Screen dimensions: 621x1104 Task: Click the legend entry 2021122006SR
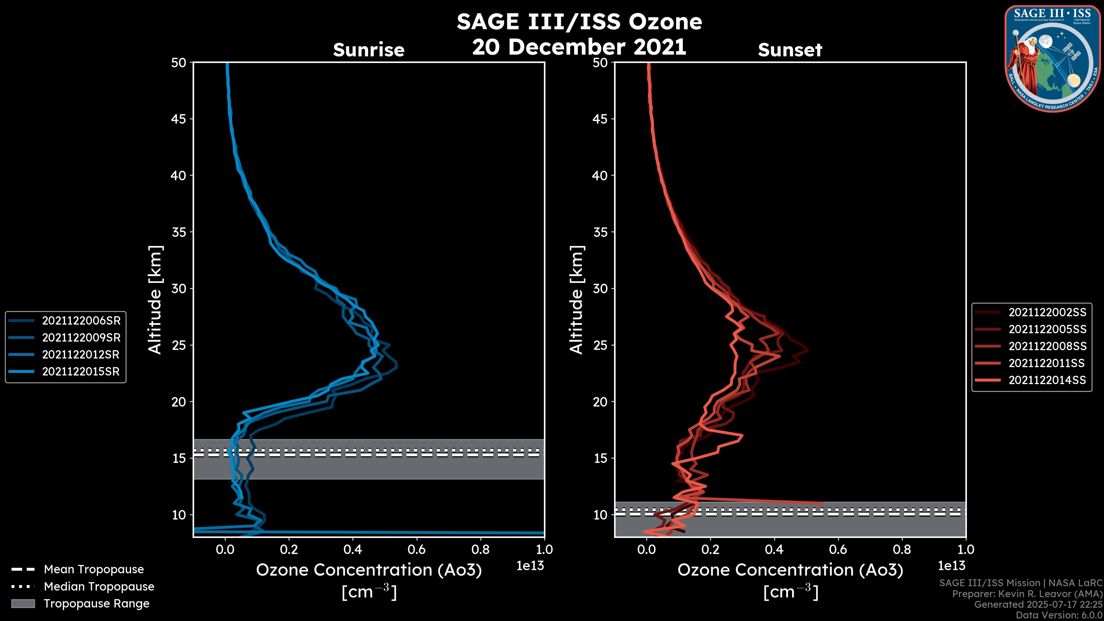pyautogui.click(x=81, y=321)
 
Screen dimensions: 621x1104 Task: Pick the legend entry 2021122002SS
pyautogui.click(x=1047, y=313)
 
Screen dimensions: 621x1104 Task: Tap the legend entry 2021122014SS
pyautogui.click(x=1047, y=380)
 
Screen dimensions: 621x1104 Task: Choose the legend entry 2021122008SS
pyautogui.click(x=1047, y=346)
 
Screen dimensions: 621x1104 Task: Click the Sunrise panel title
pyautogui.click(x=369, y=50)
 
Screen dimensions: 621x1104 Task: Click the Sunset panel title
pyautogui.click(x=790, y=50)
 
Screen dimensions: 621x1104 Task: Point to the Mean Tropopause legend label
pyautogui.click(x=94, y=570)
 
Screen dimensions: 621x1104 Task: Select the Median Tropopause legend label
pyautogui.click(x=99, y=587)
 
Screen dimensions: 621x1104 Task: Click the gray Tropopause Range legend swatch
pyautogui.click(x=23, y=604)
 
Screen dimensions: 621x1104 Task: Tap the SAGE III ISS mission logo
pyautogui.click(x=1051, y=58)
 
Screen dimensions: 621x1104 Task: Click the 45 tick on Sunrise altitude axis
pyautogui.click(x=179, y=119)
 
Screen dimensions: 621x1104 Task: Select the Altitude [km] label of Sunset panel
pyautogui.click(x=576, y=300)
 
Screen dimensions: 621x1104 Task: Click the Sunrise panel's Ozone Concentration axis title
pyautogui.click(x=369, y=570)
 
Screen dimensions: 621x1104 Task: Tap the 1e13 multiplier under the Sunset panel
pyautogui.click(x=951, y=566)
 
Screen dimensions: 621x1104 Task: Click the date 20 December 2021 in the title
pyautogui.click(x=579, y=47)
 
